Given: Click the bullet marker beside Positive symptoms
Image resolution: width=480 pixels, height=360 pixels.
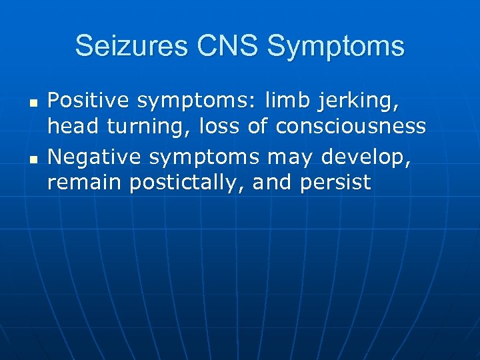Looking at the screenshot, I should (33, 105).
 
